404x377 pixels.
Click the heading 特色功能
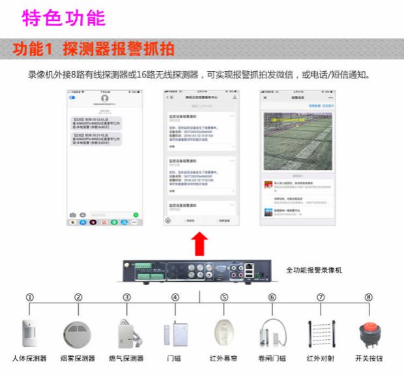[64, 18]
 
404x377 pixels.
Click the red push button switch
[369, 331]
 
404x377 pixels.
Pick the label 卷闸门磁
[272, 358]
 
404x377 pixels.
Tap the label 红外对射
[320, 358]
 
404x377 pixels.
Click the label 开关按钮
[369, 358]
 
